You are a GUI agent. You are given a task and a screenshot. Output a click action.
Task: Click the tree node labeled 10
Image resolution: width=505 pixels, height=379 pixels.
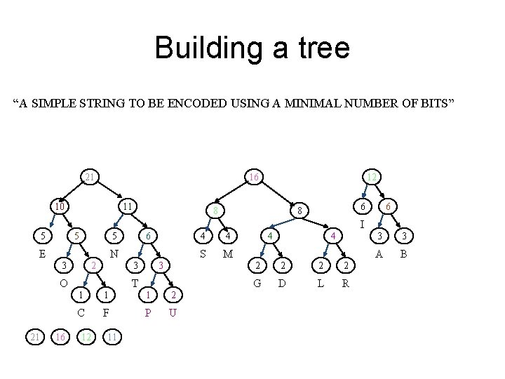pyautogui.click(x=60, y=207)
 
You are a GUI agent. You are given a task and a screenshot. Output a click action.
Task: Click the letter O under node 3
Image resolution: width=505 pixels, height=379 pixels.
pyautogui.click(x=63, y=284)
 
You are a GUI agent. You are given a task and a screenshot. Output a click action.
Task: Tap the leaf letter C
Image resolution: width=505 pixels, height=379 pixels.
pyautogui.click(x=81, y=312)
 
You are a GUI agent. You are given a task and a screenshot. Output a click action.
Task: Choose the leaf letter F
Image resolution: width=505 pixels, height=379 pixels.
pyautogui.click(x=105, y=312)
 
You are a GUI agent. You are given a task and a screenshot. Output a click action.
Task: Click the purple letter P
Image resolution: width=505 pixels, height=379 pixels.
pyautogui.click(x=147, y=312)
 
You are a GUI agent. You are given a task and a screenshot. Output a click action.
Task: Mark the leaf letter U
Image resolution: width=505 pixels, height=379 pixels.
pyautogui.click(x=172, y=312)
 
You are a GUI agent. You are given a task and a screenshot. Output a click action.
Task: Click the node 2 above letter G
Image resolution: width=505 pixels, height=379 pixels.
pyautogui.click(x=258, y=265)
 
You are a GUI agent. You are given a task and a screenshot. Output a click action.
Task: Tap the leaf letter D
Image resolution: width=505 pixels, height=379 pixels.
pyautogui.click(x=282, y=284)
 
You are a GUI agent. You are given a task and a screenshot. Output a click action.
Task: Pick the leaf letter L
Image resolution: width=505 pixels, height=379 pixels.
pyautogui.click(x=321, y=284)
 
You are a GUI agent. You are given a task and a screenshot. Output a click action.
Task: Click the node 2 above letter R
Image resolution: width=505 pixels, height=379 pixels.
pyautogui.click(x=344, y=265)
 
